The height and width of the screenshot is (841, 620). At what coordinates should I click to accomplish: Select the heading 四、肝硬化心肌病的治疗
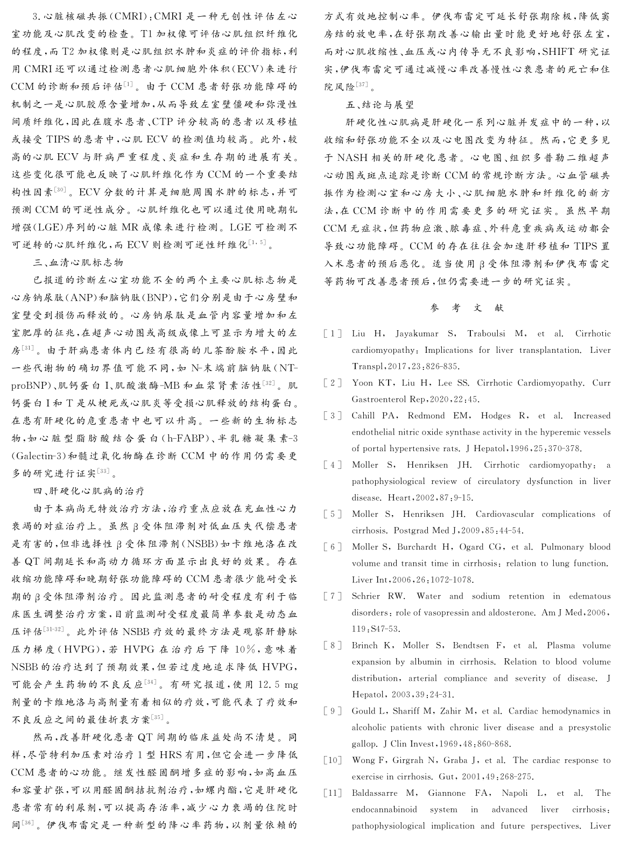pyautogui.click(x=89, y=491)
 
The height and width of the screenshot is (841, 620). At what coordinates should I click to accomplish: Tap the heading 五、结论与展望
pyautogui.click(x=379, y=105)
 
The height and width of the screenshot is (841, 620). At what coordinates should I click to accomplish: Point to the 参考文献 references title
pyautogui.click(x=467, y=308)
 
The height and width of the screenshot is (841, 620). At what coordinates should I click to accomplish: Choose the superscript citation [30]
pyautogui.click(x=60, y=190)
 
